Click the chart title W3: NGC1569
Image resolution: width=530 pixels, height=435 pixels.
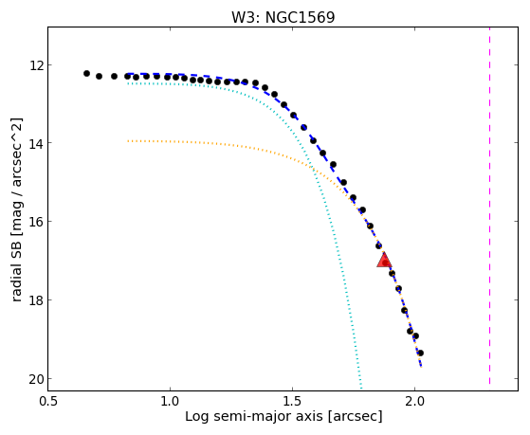point(283,17)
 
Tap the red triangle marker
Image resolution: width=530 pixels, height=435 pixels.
point(384,261)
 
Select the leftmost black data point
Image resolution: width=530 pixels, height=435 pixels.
point(86,73)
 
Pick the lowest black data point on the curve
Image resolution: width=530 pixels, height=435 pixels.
point(420,353)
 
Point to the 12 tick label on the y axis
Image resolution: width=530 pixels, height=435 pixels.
point(36,64)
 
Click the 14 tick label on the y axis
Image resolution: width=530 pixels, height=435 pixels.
point(36,143)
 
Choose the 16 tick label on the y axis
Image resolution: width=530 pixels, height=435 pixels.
point(36,222)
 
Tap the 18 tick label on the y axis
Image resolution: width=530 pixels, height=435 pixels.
point(36,299)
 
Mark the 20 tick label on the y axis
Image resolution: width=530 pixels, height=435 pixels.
point(36,379)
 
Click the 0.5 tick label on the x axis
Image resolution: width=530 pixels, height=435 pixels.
point(47,401)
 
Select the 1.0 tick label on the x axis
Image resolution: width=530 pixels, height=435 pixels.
point(170,401)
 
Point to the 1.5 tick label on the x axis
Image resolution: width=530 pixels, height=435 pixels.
point(292,401)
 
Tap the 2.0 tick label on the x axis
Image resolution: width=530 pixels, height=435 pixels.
point(414,401)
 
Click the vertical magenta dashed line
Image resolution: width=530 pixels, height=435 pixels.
point(489,206)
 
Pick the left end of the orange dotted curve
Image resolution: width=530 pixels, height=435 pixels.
point(128,140)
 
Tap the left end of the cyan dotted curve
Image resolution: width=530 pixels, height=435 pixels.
point(128,83)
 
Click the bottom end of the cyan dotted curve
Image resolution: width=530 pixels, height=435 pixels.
point(361,388)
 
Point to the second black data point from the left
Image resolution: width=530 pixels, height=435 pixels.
point(99,77)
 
